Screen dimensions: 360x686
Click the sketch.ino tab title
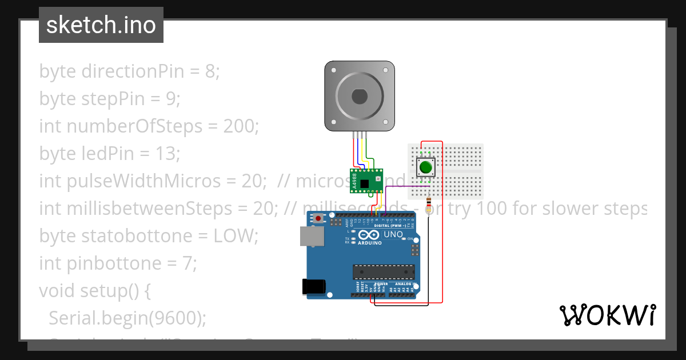click(x=101, y=25)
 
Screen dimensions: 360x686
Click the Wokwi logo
click(x=607, y=315)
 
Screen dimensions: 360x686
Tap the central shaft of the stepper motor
click(x=360, y=96)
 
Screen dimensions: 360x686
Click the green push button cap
click(x=425, y=167)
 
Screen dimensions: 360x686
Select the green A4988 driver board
click(x=366, y=180)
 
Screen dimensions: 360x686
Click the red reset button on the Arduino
click(x=318, y=218)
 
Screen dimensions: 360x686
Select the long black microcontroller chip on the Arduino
click(x=384, y=271)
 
